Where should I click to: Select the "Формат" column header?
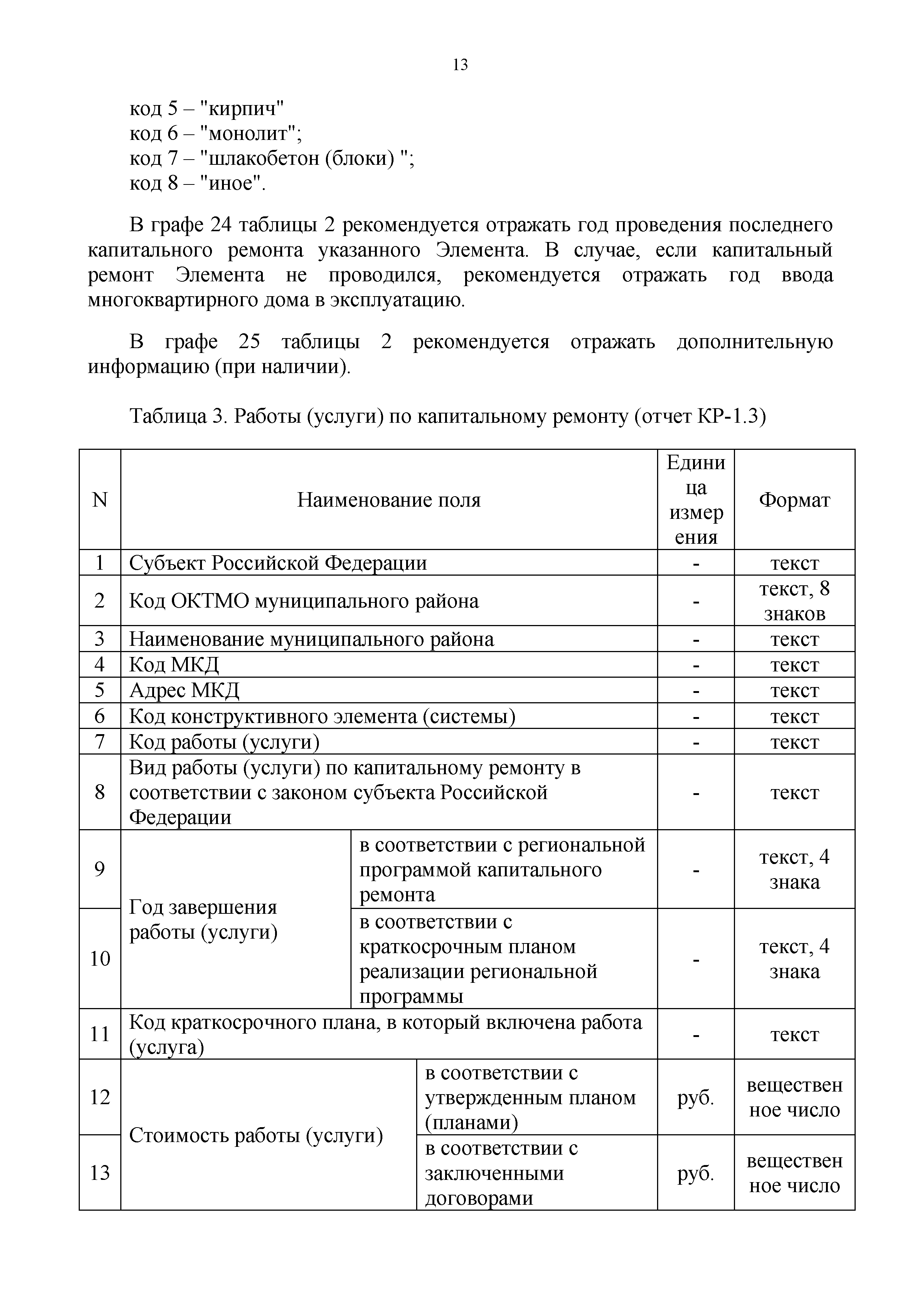pyautogui.click(x=794, y=500)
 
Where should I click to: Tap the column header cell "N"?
pyautogui.click(x=100, y=500)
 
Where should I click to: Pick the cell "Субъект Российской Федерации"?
pyautogui.click(x=278, y=563)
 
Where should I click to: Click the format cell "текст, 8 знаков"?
pyautogui.click(x=794, y=601)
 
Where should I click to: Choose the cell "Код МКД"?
pyautogui.click(x=174, y=665)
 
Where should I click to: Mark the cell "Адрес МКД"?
pyautogui.click(x=184, y=690)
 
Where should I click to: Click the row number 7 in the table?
pyautogui.click(x=100, y=742)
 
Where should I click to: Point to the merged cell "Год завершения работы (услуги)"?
pyautogui.click(x=203, y=920)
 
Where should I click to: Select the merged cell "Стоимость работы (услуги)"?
pyautogui.click(x=257, y=1135)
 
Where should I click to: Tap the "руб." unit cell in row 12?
pyautogui.click(x=695, y=1098)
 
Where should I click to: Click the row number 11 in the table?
pyautogui.click(x=100, y=1034)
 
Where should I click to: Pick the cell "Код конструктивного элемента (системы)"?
pyautogui.click(x=322, y=716)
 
